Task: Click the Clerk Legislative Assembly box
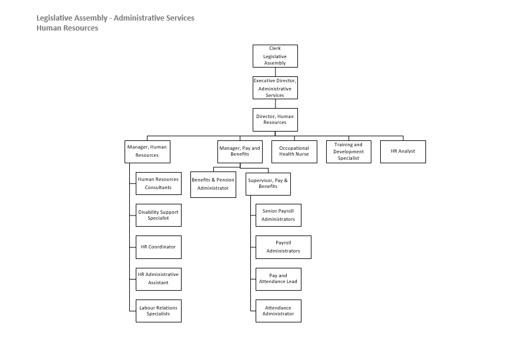coord(275,56)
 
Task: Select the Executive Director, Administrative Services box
coord(275,88)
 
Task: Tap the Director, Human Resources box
coord(275,119)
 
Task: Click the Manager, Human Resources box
coord(147,151)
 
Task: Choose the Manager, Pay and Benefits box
coord(239,151)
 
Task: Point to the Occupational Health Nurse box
coord(294,151)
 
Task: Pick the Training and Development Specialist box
coord(348,151)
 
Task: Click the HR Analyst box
coord(403,151)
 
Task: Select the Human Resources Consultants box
coord(159,183)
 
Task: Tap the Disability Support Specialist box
coord(159,215)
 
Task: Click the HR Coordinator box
coord(159,247)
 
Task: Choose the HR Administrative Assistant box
coord(159,279)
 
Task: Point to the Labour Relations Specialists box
coord(159,311)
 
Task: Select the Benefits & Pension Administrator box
coord(213,184)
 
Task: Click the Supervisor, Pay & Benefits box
coord(268,183)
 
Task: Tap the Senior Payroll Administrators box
coord(279,215)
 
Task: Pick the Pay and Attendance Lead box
coord(279,279)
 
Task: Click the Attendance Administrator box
coord(279,311)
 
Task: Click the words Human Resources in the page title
coord(67,28)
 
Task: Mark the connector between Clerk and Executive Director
coord(275,72)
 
